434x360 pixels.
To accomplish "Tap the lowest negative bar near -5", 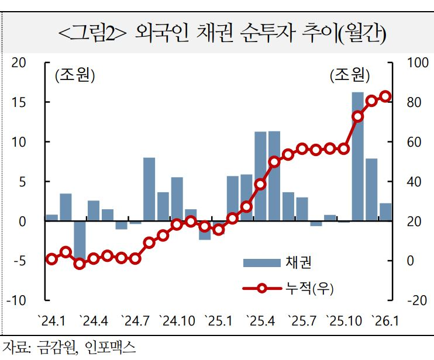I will pyautogui.click(x=80, y=240).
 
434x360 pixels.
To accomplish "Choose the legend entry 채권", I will pyautogui.click(x=293, y=261).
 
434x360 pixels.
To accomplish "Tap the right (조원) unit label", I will pyautogui.click(x=350, y=75).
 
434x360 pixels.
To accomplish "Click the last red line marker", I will pyautogui.click(x=385, y=96).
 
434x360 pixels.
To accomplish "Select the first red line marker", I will pyautogui.click(x=51, y=259).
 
